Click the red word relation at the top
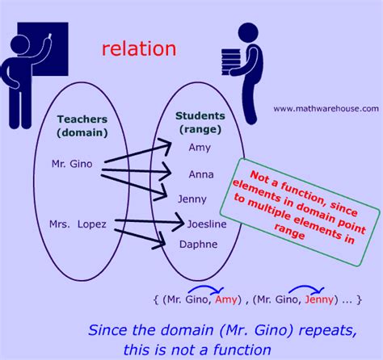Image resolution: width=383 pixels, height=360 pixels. (x=139, y=49)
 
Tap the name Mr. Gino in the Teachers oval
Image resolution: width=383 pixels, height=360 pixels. (x=72, y=164)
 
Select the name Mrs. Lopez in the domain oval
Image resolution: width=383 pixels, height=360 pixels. (x=78, y=224)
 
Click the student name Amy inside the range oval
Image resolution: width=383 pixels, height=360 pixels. (x=200, y=148)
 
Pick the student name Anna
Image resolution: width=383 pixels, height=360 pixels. (x=201, y=174)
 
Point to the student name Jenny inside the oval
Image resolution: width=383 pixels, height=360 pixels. (x=192, y=199)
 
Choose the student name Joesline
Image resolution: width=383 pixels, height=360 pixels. (x=207, y=224)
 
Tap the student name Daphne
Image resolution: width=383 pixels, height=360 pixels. (x=199, y=245)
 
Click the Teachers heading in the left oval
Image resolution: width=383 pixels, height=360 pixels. (x=82, y=119)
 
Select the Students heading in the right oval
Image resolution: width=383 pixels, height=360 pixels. (x=200, y=115)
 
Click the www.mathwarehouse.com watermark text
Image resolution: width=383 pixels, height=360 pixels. (x=326, y=109)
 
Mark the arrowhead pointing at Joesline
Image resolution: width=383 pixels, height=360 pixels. (x=180, y=222)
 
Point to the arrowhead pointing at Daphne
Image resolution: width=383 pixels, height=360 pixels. (x=161, y=241)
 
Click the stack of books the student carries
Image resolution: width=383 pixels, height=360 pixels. (x=230, y=62)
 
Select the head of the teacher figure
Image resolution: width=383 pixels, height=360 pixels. (x=19, y=45)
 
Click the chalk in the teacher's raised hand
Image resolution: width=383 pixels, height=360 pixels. (x=49, y=36)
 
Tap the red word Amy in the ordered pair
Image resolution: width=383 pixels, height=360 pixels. (x=225, y=299)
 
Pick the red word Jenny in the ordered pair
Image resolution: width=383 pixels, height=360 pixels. (x=319, y=299)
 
